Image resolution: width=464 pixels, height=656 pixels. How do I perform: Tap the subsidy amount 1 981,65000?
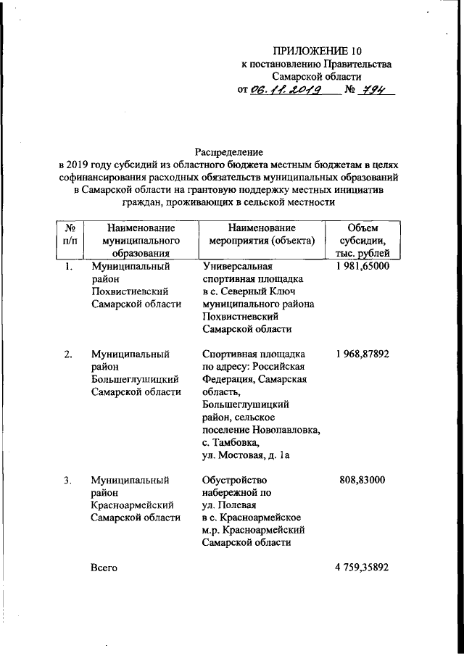click(x=362, y=267)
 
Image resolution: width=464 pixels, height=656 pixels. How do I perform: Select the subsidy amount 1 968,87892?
click(x=362, y=354)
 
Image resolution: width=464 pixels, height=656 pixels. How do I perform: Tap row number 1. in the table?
click(x=67, y=267)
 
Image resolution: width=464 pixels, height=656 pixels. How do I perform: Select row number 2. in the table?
click(x=67, y=354)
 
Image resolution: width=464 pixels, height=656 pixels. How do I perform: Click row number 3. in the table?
click(x=67, y=480)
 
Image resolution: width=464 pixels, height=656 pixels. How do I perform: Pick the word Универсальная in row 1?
click(x=236, y=267)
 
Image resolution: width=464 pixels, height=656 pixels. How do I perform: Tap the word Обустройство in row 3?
click(x=236, y=480)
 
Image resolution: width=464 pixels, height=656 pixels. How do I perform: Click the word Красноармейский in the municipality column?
click(x=130, y=505)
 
